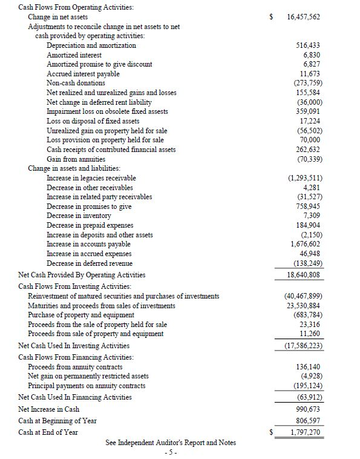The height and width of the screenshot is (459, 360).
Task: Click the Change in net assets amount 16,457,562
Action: (x=304, y=17)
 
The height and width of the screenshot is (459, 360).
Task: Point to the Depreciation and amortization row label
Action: (x=91, y=45)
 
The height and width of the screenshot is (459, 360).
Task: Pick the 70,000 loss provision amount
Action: (x=309, y=140)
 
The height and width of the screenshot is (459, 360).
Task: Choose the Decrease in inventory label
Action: (x=79, y=216)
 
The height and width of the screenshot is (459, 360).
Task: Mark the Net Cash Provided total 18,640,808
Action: (x=304, y=274)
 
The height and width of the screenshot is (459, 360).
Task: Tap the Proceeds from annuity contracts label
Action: (x=75, y=367)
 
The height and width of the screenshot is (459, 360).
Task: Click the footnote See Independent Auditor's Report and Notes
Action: (x=171, y=443)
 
